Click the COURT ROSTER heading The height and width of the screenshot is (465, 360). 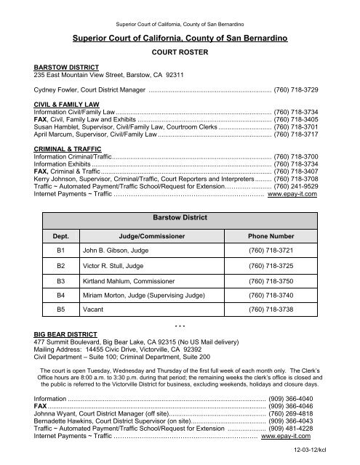coord(180,53)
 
